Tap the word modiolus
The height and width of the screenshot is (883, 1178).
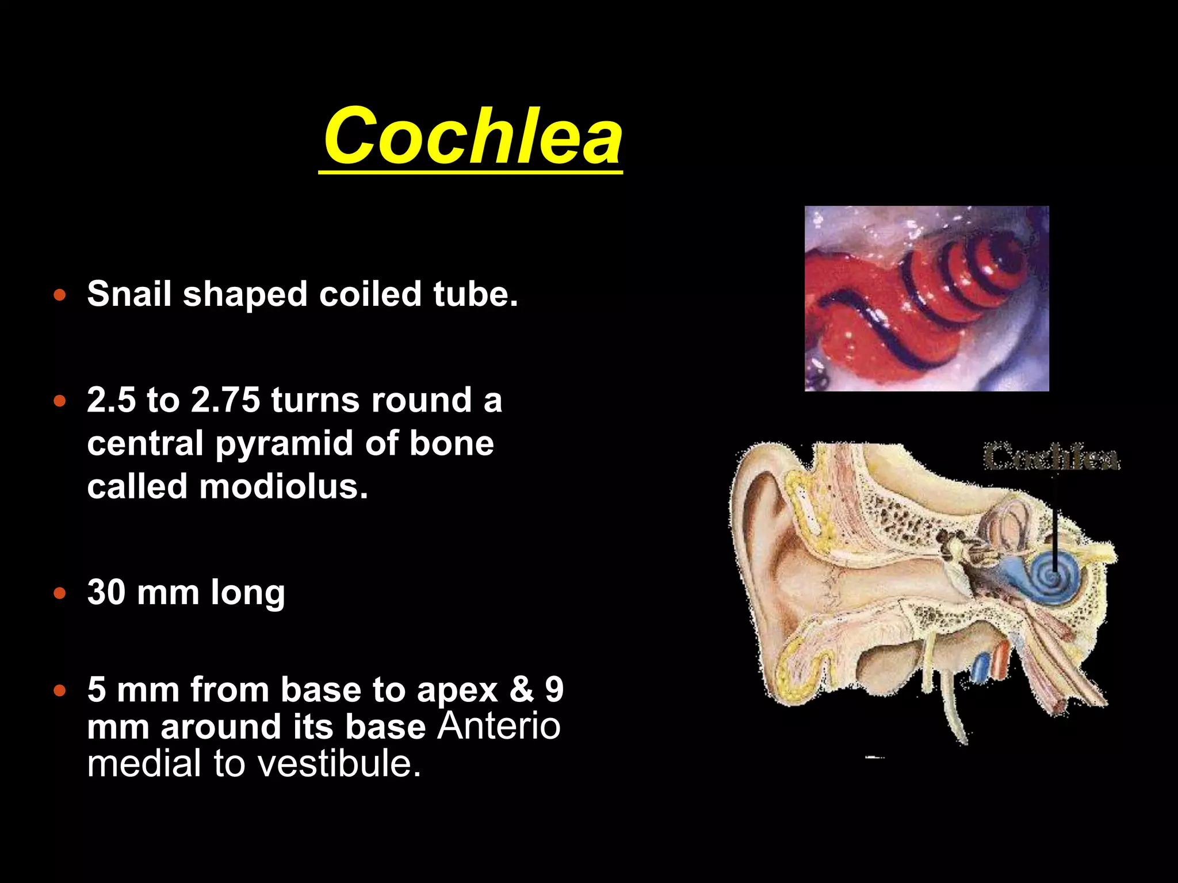tap(283, 486)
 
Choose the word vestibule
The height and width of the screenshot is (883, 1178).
tap(339, 763)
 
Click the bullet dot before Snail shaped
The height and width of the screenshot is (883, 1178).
tap(60, 295)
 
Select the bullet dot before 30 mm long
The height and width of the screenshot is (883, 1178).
tap(60, 593)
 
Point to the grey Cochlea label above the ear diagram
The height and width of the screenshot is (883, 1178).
tap(1051, 458)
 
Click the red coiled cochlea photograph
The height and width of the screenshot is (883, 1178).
tap(926, 298)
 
